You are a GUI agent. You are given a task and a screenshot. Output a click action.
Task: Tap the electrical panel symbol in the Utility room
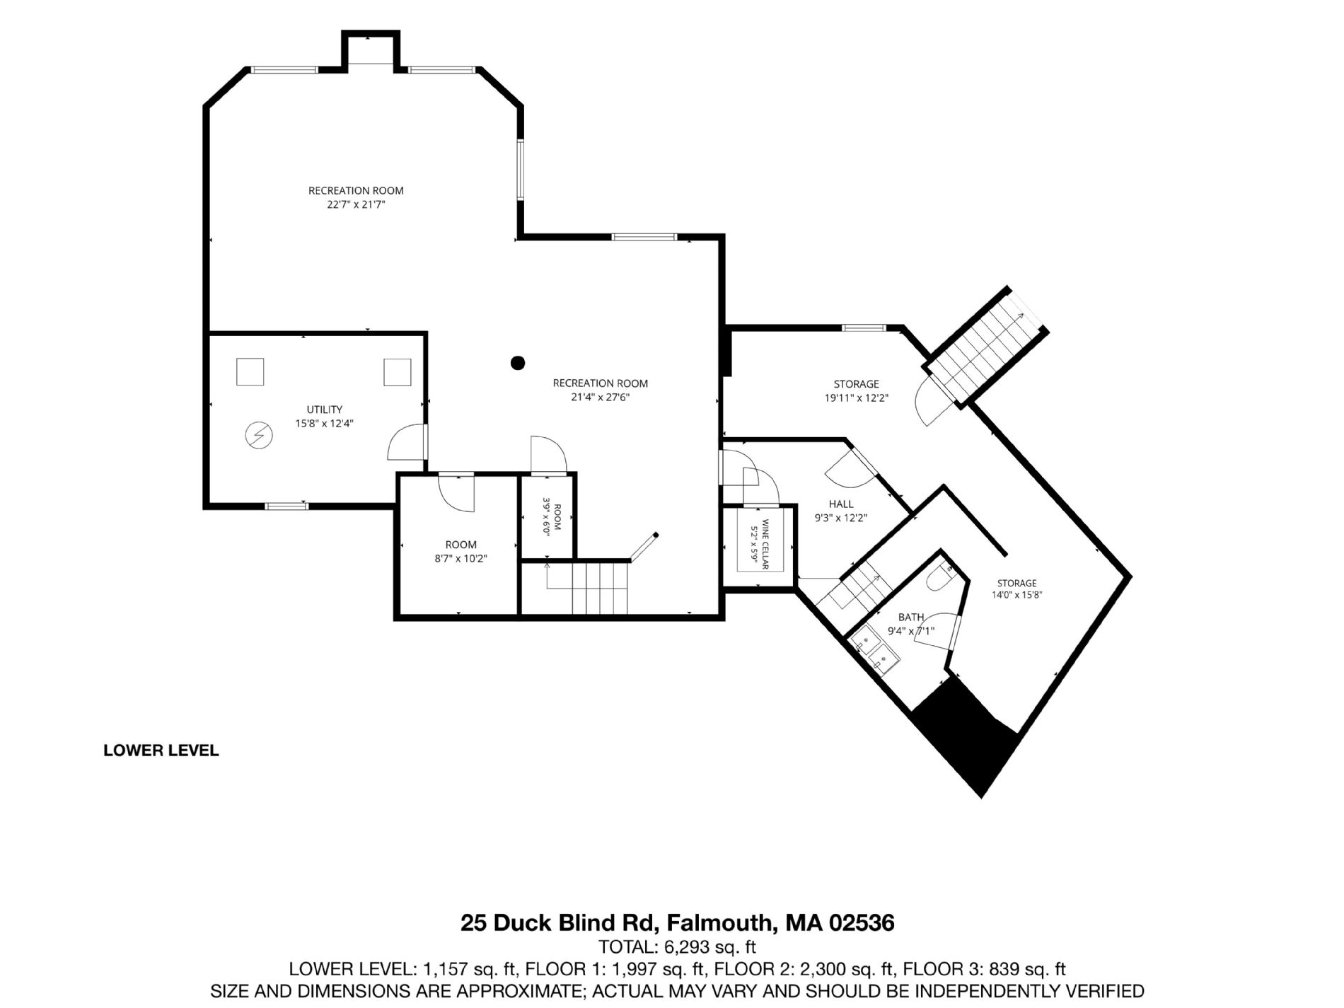pos(257,435)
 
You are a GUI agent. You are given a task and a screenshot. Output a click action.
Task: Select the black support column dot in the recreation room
pos(518,363)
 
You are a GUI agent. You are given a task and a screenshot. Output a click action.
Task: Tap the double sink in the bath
pos(874,651)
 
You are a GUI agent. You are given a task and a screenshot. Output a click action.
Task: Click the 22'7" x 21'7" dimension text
pos(356,204)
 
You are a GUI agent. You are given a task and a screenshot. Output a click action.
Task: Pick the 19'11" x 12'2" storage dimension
pos(856,398)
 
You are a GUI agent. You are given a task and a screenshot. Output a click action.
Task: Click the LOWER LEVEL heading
pos(161,751)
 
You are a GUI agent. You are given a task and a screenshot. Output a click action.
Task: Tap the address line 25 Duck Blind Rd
pos(678,923)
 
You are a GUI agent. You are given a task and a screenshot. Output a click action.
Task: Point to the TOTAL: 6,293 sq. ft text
pos(678,946)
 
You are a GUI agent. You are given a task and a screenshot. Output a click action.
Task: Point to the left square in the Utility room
pos(250,371)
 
